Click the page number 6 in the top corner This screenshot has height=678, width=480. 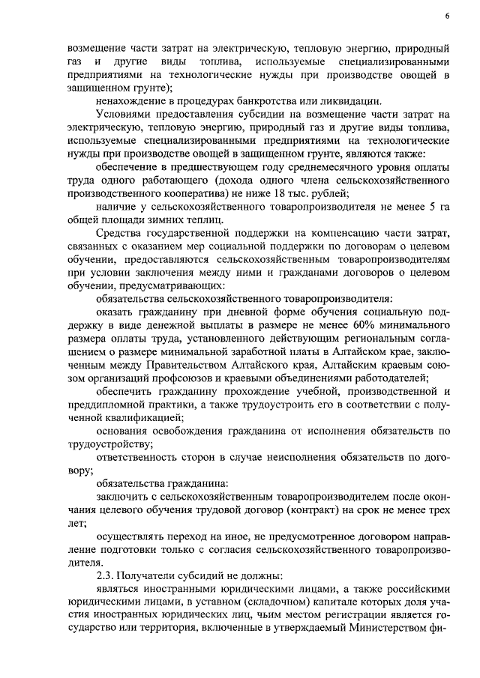[x=446, y=16]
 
